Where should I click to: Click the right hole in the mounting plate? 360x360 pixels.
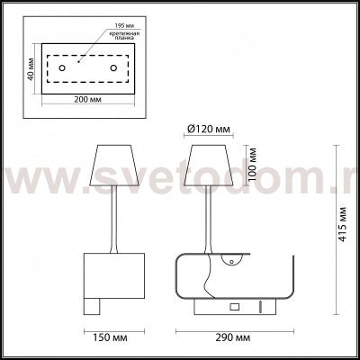click(x=113, y=67)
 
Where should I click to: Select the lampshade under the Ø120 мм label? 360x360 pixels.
click(x=211, y=166)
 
